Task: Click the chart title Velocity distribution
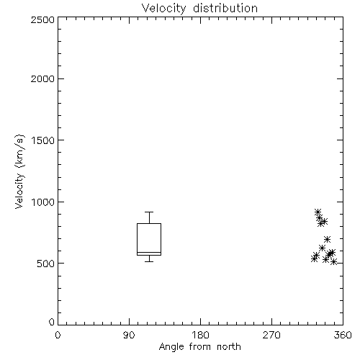click(199, 8)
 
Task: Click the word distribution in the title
click(225, 8)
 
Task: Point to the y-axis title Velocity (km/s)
click(19, 171)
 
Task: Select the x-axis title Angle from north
click(199, 346)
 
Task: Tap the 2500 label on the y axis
click(42, 19)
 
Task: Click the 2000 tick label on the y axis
click(42, 78)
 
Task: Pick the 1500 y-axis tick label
click(43, 140)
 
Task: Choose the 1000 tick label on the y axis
click(43, 202)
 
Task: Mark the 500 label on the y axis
click(46, 264)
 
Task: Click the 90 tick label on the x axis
click(129, 335)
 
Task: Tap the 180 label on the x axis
click(200, 335)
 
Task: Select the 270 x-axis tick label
click(271, 335)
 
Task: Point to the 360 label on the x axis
click(343, 335)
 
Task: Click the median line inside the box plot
click(149, 252)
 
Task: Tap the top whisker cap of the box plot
click(149, 212)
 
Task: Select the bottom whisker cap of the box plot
click(149, 261)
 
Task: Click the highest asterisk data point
click(318, 212)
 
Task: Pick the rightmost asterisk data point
click(333, 261)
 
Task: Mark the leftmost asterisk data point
click(314, 258)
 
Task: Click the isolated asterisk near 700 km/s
click(327, 239)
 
